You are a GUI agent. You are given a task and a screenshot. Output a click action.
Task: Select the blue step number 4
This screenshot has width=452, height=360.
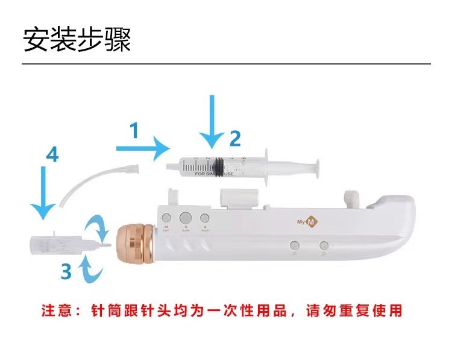(x=52, y=155)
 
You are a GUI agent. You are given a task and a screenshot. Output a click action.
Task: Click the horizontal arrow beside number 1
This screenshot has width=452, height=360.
(x=143, y=147)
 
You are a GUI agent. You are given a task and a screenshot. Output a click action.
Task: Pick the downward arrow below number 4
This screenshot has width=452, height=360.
(x=43, y=192)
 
